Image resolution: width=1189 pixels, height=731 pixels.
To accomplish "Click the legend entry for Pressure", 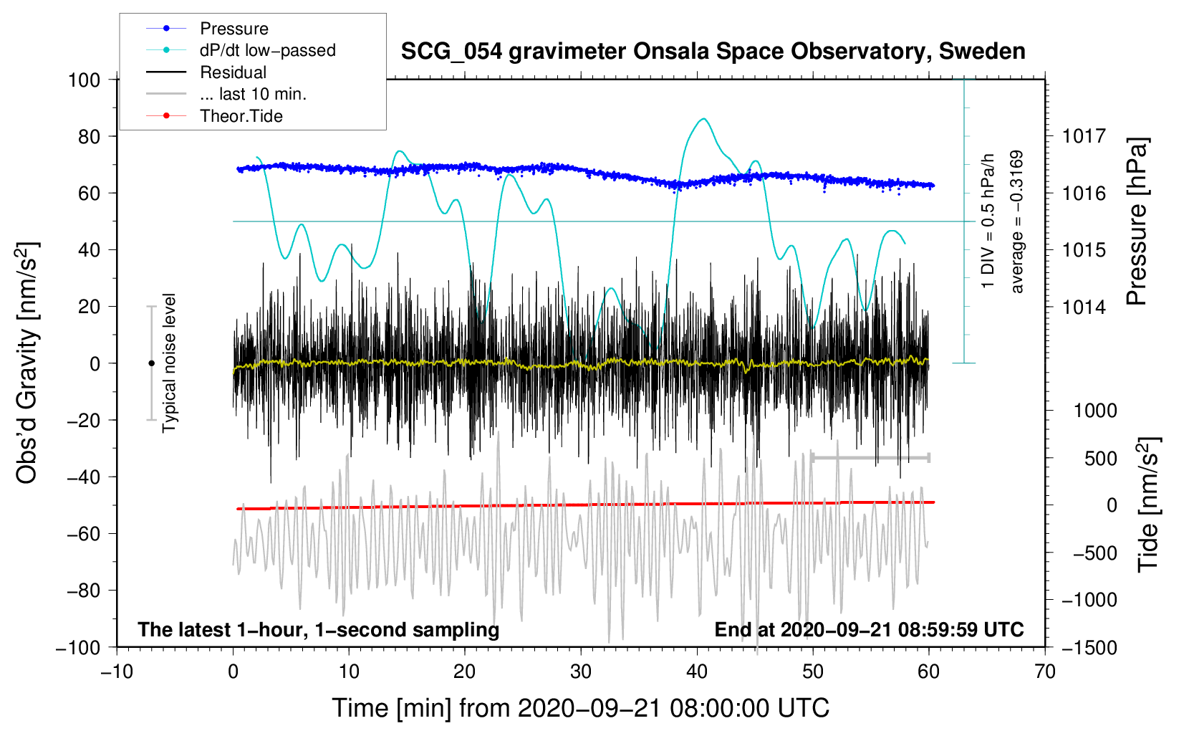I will pos(234,29).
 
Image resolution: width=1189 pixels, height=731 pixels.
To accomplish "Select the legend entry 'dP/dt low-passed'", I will pos(267,50).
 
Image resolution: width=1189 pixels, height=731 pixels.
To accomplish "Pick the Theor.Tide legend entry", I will pos(241,116).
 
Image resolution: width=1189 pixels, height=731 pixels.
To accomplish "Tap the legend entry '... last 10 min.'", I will pos(253,94).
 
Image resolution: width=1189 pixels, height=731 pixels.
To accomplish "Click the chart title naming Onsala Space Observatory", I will pos(713,52).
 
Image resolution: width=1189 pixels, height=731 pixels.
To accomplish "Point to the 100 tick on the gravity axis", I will pos(84,80).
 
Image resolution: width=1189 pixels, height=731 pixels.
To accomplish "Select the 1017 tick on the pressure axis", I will pos(1084,136).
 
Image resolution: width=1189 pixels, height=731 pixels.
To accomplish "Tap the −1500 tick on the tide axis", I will pos(1089,647).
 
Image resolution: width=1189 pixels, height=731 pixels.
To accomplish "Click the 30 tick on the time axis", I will pos(581,672).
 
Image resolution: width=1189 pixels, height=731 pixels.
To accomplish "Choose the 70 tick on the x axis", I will pos(1045,672).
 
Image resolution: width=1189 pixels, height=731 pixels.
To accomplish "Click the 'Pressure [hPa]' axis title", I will pos(1136,222).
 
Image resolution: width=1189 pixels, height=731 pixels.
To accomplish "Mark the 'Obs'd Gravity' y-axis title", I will pos(27,363).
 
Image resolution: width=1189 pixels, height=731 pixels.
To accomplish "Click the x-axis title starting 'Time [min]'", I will pos(580,708).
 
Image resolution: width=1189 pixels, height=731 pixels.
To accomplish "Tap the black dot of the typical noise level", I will pos(151,363).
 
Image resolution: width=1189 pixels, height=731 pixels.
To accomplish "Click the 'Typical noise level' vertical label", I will pos(169,363).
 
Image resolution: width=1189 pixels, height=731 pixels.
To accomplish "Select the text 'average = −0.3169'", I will pos(1016,222).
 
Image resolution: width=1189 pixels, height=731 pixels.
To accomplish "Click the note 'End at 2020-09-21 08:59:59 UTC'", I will pos(869,630).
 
